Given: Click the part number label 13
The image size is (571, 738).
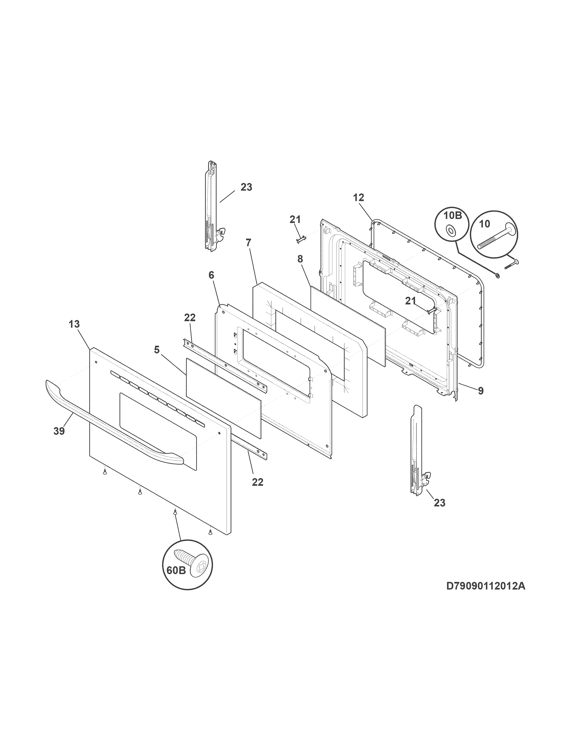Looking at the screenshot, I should point(74,324).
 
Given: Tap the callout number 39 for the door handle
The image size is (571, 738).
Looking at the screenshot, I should point(59,432).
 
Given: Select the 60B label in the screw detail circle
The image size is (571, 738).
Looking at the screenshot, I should point(176,570).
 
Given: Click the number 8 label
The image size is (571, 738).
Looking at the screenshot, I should point(300,259).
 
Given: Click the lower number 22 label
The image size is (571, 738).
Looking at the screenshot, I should point(258,482).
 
